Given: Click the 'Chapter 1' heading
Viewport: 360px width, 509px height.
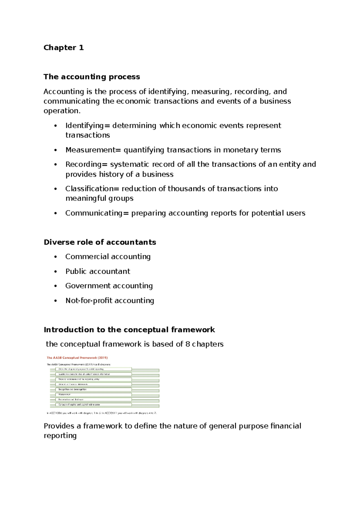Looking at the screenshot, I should [x=64, y=48].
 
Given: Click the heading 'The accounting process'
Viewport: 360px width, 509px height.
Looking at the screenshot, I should [x=91, y=77].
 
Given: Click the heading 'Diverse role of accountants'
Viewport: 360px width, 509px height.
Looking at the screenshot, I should [x=100, y=242].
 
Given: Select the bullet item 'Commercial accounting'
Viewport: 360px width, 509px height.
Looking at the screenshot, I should [x=108, y=257].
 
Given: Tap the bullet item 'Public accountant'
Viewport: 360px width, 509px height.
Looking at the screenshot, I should [x=98, y=271].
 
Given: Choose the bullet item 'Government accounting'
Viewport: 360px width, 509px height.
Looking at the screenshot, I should [x=109, y=286].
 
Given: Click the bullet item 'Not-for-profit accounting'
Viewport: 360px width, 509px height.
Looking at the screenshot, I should [x=110, y=300].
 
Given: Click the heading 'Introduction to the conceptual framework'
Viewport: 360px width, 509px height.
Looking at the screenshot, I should [x=129, y=330].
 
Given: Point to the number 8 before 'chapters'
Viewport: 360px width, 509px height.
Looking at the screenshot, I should [x=187, y=344].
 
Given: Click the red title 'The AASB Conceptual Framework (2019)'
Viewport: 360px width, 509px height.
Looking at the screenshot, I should [x=77, y=358].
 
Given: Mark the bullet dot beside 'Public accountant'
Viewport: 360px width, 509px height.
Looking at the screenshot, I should [x=55, y=272].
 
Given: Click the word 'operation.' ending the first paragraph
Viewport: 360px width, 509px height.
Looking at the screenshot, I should [x=62, y=111].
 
